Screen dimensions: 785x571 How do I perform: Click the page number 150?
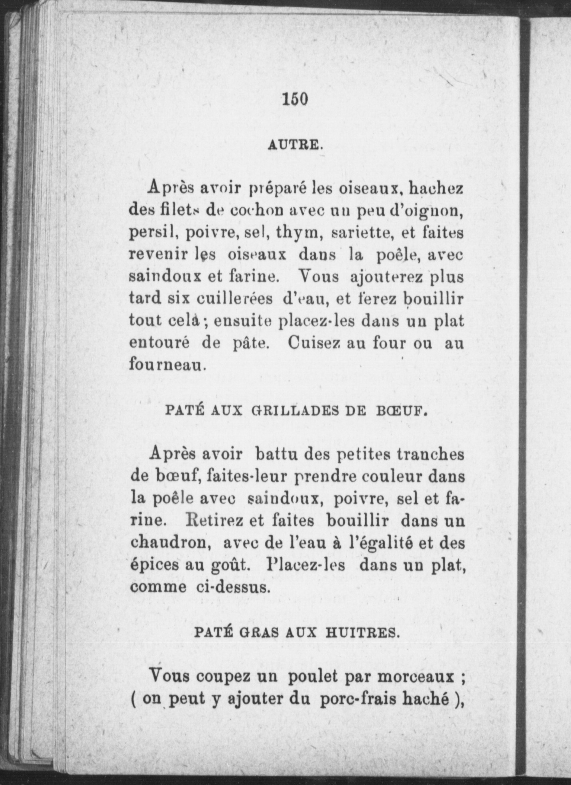tap(295, 99)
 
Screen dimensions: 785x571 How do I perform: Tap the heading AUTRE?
tap(295, 144)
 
